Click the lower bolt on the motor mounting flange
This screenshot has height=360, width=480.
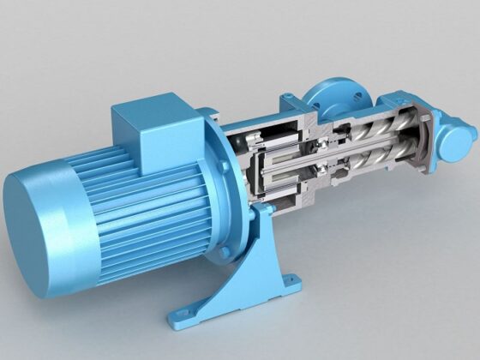pyautogui.click(x=225, y=253)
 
